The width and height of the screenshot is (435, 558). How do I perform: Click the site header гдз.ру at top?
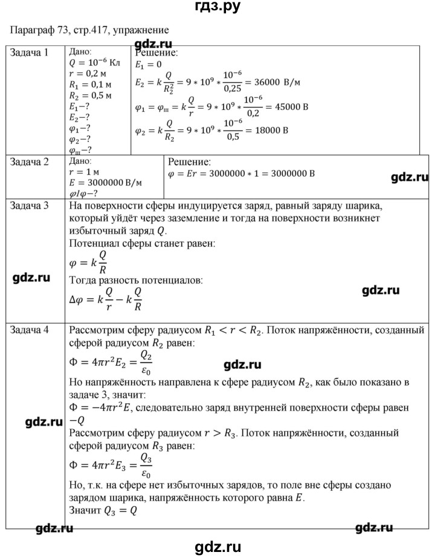pos(216,9)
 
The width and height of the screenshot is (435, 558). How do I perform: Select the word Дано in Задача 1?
pos(81,52)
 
